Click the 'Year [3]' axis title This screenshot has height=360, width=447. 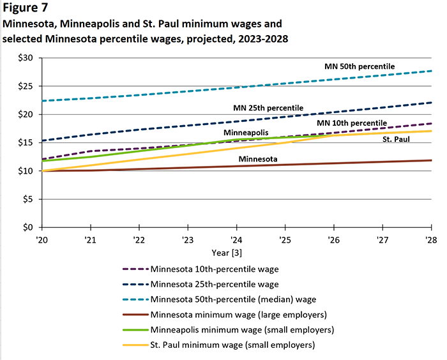[x=236, y=252]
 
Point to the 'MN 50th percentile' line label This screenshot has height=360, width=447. [x=360, y=66]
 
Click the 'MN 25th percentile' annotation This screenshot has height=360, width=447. [x=268, y=108]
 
